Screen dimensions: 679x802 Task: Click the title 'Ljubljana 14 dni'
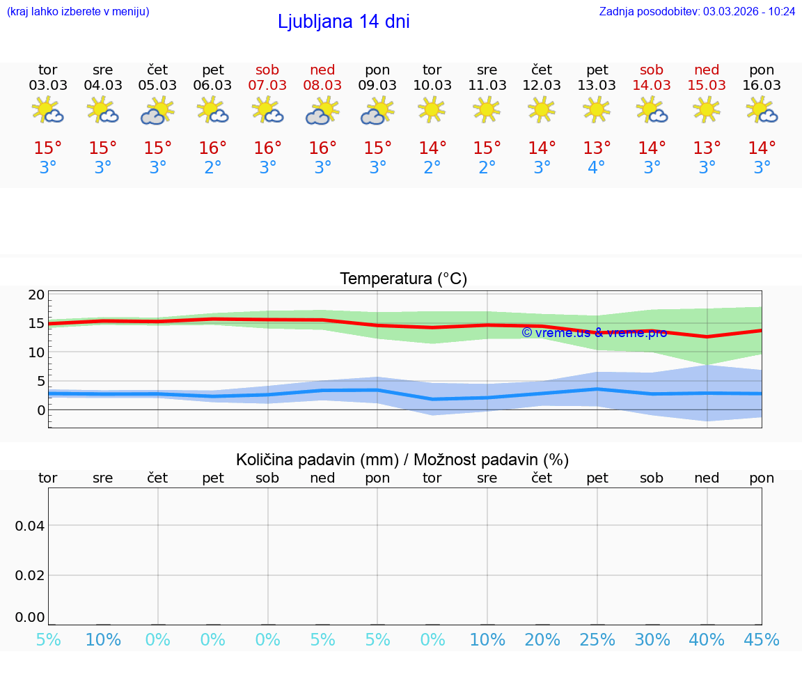pyautogui.click(x=343, y=22)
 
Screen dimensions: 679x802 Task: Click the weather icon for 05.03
pyautogui.click(x=158, y=110)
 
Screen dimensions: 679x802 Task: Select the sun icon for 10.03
pyautogui.click(x=432, y=109)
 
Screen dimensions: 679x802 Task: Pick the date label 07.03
pyautogui.click(x=267, y=86)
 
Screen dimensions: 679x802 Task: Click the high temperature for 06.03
pyautogui.click(x=212, y=148)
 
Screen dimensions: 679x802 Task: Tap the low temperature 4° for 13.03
pyautogui.click(x=597, y=168)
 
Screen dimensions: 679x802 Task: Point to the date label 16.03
pyautogui.click(x=762, y=86)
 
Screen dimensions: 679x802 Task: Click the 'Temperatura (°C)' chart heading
pyautogui.click(x=403, y=279)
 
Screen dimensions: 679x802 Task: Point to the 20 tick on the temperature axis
pyautogui.click(x=36, y=295)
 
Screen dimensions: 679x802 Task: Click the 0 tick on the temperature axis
pyautogui.click(x=41, y=410)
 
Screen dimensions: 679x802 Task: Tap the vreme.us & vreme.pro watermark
pyautogui.click(x=594, y=333)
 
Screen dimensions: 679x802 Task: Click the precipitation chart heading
pyautogui.click(x=402, y=460)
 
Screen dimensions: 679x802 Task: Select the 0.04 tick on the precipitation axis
pyautogui.click(x=30, y=526)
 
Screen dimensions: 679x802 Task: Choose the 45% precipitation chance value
pyautogui.click(x=762, y=639)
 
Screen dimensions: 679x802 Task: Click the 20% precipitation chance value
pyautogui.click(x=542, y=639)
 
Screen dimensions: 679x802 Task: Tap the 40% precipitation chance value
pyautogui.click(x=707, y=639)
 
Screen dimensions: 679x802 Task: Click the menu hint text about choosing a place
pyautogui.click(x=78, y=11)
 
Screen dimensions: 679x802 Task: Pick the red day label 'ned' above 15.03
pyautogui.click(x=707, y=70)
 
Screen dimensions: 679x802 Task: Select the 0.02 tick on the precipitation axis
pyautogui.click(x=30, y=575)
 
